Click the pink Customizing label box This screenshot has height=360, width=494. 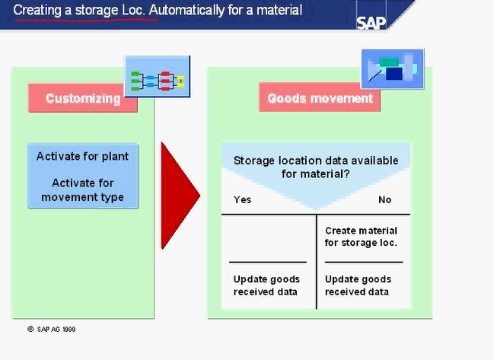tap(83, 98)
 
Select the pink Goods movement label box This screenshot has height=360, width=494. tap(319, 98)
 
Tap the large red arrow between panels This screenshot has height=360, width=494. tap(180, 195)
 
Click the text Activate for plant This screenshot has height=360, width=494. tap(83, 156)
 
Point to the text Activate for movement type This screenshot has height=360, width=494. tap(83, 190)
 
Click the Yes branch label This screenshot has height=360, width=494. tap(242, 199)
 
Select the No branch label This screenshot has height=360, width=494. tap(384, 199)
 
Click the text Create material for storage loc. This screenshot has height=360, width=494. tap(361, 237)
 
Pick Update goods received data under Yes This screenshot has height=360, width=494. tap(266, 285)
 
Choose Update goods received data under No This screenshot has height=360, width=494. tap(358, 285)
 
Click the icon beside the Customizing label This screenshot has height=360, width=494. tap(157, 77)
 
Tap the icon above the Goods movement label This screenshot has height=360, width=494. tap(392, 70)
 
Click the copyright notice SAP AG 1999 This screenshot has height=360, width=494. tap(51, 329)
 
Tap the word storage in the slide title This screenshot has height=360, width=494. tap(103, 10)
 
